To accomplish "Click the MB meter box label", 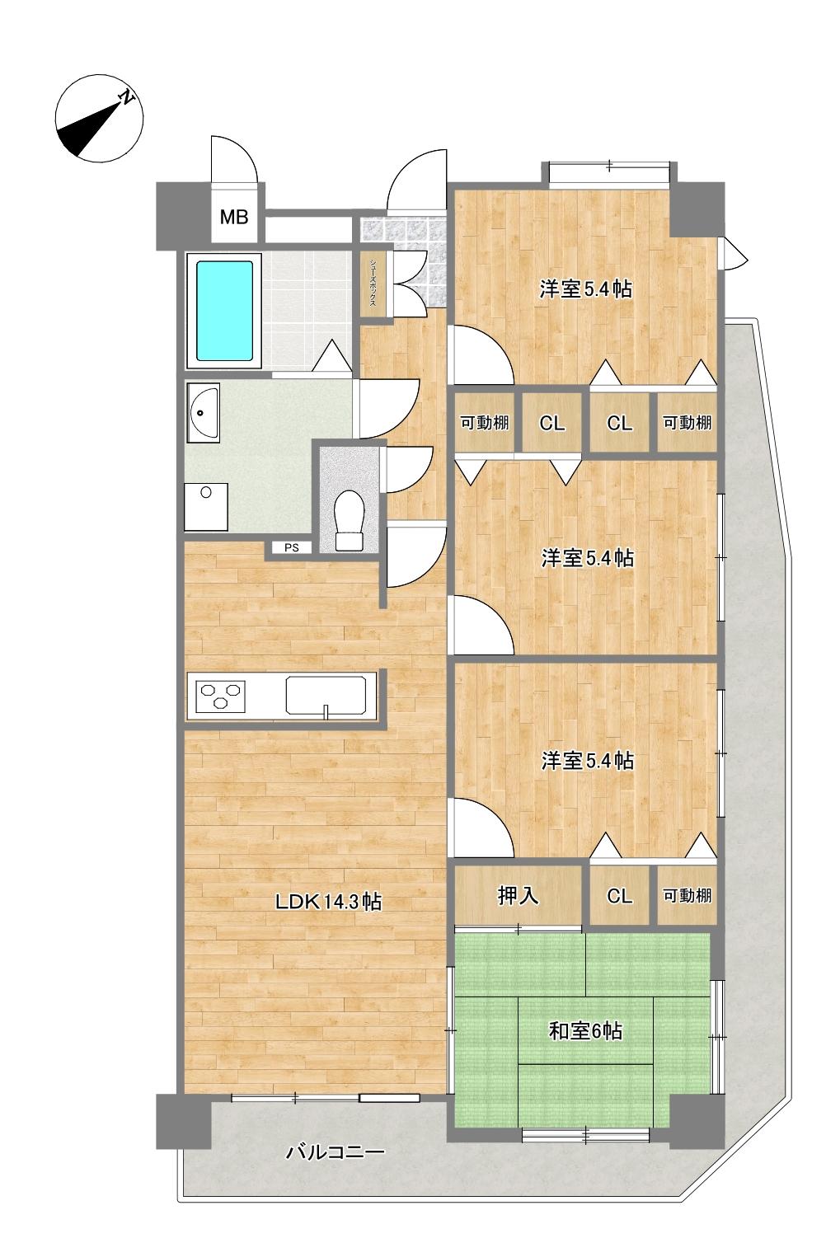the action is coord(233,217).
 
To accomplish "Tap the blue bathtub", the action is coord(224,310).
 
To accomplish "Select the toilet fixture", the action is coord(349,520).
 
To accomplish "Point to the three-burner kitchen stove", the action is coord(221,697).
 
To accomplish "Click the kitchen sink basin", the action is coord(326,695).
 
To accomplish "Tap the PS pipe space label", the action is coord(291,547).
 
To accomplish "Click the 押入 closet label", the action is coord(518,896).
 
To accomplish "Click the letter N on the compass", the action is coord(128,96).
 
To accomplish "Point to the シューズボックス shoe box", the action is coord(372,282).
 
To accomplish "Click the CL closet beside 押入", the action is coord(619,896).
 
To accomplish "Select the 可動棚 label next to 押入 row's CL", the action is coord(687,896).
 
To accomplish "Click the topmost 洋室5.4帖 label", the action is coord(586,289).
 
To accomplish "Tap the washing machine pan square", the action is coord(206,507).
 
